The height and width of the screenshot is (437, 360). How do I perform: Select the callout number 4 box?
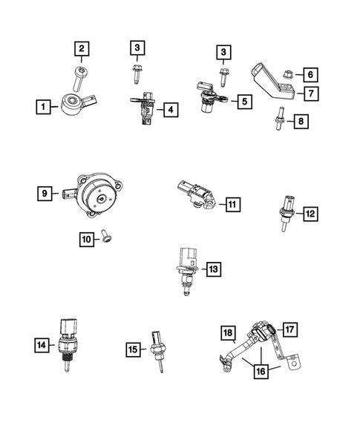point(171,111)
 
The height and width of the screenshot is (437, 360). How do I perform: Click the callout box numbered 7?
point(310,93)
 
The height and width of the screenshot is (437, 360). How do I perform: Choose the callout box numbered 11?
point(232,204)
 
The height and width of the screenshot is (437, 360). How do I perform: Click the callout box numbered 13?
point(213,269)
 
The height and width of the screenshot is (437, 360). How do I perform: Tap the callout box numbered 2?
point(82,50)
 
